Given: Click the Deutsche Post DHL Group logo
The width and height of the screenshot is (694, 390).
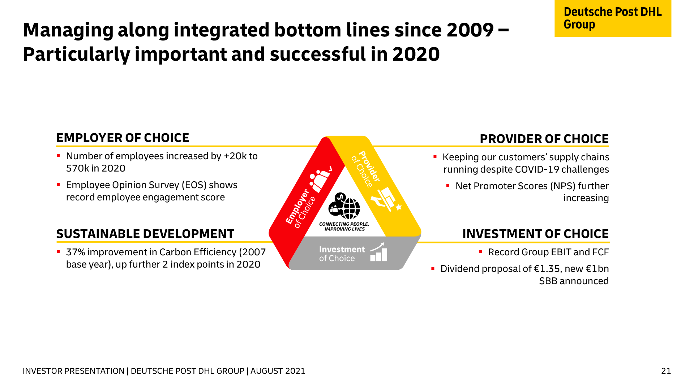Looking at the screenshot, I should [613, 18].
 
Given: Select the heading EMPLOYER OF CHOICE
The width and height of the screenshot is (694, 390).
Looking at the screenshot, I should [123, 138].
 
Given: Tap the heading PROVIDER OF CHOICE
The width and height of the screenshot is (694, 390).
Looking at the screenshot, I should [544, 139].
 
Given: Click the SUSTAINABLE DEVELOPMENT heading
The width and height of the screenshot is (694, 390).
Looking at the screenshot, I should [145, 234].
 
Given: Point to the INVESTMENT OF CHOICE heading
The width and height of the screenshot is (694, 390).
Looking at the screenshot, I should [535, 234].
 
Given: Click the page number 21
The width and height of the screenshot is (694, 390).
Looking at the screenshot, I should [666, 371].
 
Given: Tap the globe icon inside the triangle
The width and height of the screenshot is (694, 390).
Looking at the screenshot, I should [349, 208].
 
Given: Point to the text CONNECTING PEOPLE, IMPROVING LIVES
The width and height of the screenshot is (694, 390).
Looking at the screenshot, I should [344, 226].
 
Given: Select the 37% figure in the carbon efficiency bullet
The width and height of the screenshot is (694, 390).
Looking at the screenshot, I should [75, 252].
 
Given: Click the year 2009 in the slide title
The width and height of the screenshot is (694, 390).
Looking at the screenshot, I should [470, 30].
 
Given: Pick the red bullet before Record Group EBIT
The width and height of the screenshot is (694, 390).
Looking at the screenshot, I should [480, 252].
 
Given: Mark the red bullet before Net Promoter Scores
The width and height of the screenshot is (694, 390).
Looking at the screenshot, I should [448, 186].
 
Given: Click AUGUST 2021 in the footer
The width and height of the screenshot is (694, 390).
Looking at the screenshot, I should [278, 371].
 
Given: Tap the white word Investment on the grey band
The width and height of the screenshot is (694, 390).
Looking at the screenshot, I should [342, 250].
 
